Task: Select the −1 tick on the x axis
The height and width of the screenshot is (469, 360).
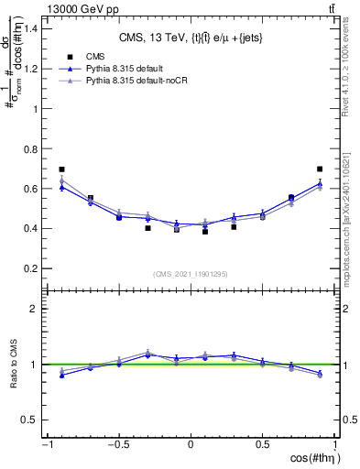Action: coord(46,444)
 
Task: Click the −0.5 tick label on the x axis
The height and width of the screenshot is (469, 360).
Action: coord(117,444)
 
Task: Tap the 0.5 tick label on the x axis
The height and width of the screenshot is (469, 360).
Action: coord(262,444)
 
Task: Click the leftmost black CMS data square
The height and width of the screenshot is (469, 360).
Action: coord(61,169)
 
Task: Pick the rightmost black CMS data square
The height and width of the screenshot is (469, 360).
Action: coord(320,169)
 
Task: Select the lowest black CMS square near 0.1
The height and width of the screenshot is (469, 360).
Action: coord(205,232)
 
